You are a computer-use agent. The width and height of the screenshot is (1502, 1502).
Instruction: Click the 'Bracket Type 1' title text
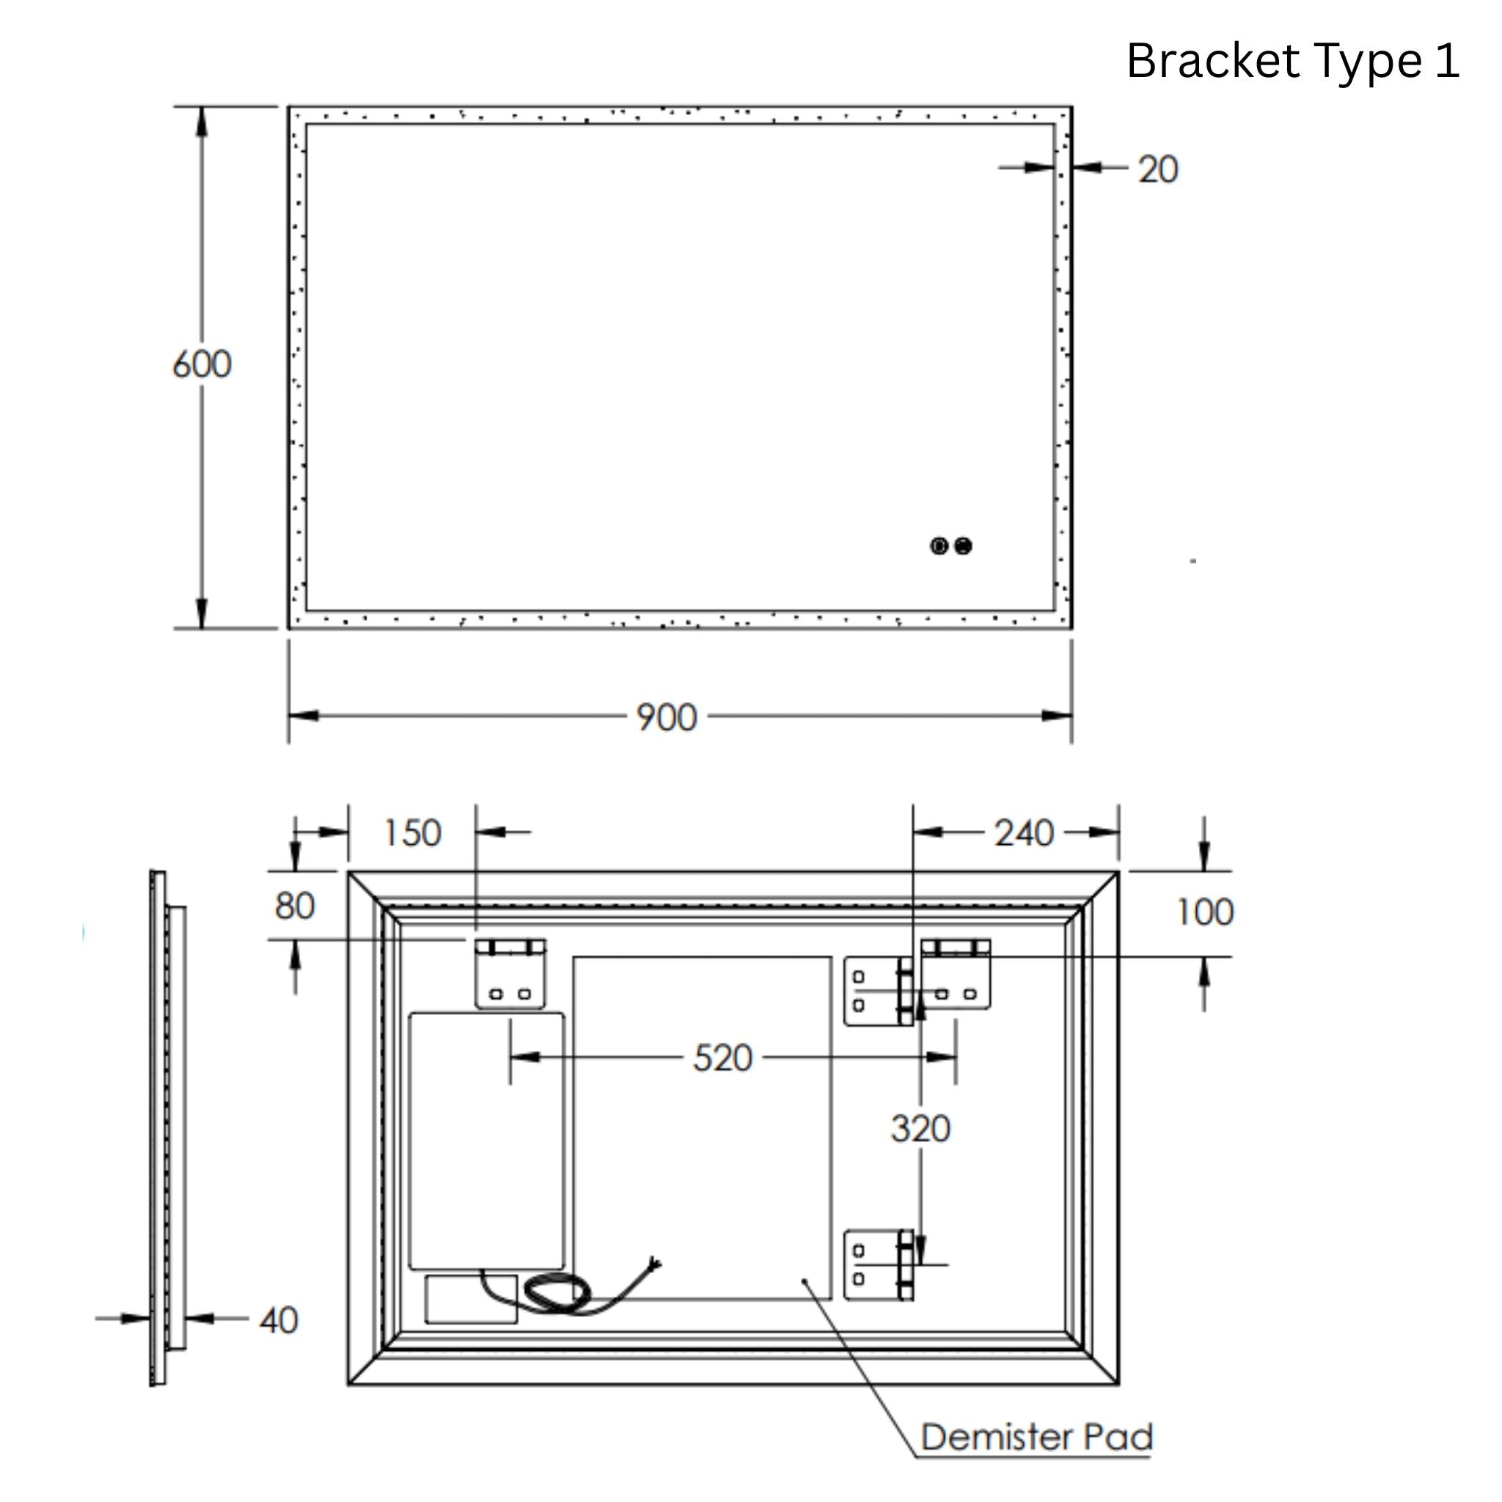point(1293,62)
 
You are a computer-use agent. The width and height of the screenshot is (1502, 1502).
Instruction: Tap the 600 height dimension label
point(202,364)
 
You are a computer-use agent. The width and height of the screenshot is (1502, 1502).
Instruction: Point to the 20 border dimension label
point(1158,169)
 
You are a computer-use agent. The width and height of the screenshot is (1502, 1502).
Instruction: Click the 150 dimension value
point(413,832)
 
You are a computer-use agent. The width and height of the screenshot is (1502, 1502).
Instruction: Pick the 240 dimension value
point(1024,832)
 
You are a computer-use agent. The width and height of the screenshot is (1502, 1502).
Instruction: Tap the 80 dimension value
point(295,906)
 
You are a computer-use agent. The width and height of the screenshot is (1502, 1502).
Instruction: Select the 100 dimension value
point(1204,912)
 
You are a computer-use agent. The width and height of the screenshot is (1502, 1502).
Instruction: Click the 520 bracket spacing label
point(723,1058)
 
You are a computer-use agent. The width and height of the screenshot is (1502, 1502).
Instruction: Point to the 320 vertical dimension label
point(920,1128)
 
